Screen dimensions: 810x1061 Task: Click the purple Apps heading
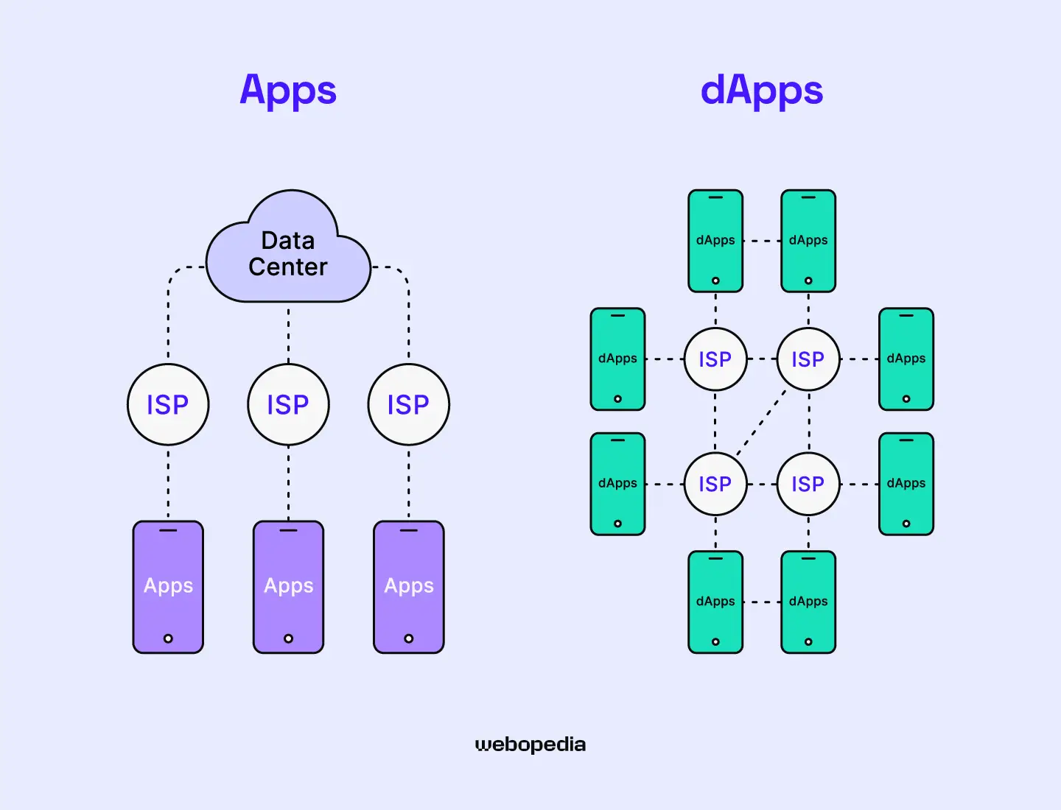tap(288, 91)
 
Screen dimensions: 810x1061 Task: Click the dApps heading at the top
tap(761, 91)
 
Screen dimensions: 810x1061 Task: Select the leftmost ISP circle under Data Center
tap(168, 404)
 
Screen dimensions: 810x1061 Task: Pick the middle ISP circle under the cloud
tap(288, 404)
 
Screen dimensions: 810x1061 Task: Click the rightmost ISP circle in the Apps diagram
tap(409, 404)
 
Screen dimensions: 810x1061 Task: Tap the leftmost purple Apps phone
tap(168, 586)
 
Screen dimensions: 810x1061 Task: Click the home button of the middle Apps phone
tap(288, 638)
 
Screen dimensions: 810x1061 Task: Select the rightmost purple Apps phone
tap(409, 586)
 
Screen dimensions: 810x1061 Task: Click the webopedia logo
tap(530, 744)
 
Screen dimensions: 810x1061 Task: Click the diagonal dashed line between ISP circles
tap(761, 423)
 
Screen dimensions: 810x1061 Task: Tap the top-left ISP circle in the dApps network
tap(715, 359)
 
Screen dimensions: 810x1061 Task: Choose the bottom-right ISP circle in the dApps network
tap(808, 484)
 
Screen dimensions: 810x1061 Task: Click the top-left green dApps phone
tap(715, 241)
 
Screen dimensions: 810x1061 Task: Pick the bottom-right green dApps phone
tap(808, 602)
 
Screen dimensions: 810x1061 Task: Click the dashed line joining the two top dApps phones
tap(762, 241)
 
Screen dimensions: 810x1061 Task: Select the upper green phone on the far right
tap(906, 359)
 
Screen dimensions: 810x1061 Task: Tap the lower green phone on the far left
tap(617, 484)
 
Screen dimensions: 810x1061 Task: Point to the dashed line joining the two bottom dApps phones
tap(762, 602)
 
